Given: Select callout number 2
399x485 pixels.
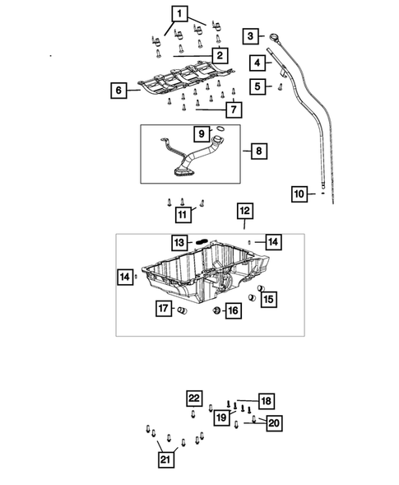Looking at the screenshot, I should tap(219, 55).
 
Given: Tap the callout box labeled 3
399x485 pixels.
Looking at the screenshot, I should tap(250, 35).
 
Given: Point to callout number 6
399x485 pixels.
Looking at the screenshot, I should tap(119, 90).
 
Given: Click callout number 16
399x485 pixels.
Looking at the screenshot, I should tap(233, 310).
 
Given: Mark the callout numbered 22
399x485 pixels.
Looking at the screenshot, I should tap(193, 399).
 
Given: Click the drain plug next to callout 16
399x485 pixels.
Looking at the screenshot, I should tap(216, 310).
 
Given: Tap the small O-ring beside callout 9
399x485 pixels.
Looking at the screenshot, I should tap(220, 129).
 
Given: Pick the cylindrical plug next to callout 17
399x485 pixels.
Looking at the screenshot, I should tap(183, 310).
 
